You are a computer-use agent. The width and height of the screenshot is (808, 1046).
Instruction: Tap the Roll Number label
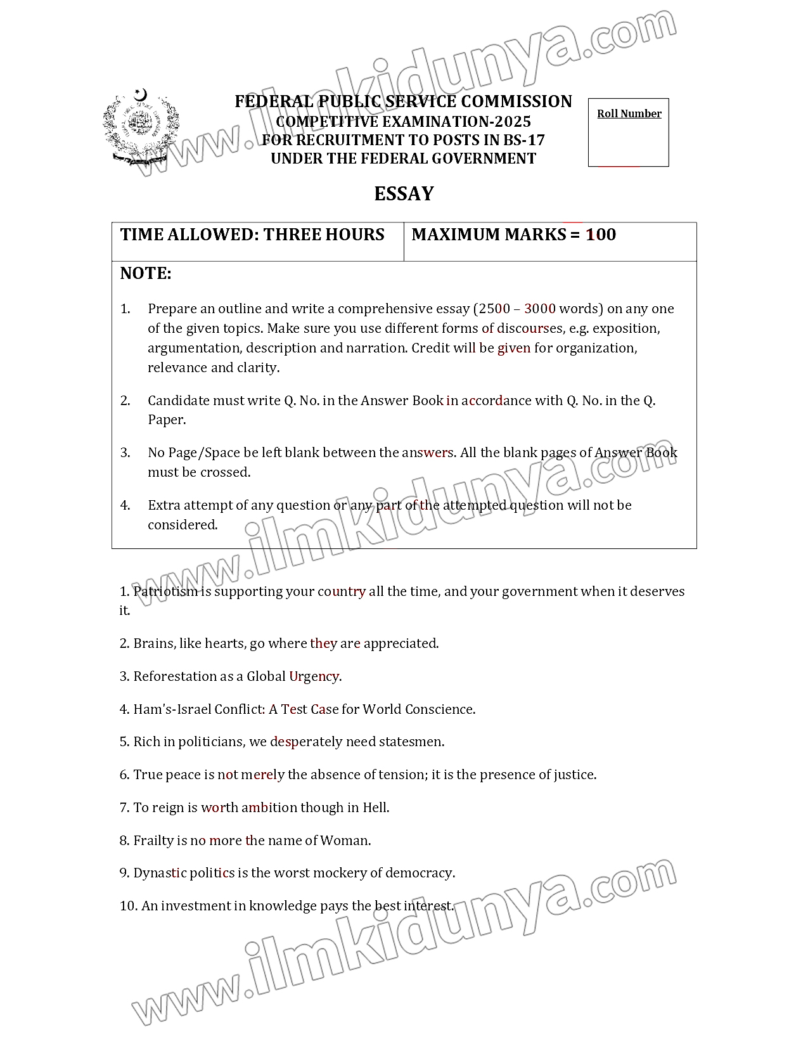pos(629,114)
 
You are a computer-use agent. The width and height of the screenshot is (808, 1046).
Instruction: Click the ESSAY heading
pos(404,194)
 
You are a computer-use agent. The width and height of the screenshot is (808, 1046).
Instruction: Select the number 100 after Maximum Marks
pos(601,235)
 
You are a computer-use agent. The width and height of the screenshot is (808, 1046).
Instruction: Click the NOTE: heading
pos(146,274)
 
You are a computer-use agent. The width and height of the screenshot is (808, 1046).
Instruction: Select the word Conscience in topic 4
pos(439,709)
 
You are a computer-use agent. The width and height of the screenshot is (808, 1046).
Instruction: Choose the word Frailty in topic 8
pos(153,841)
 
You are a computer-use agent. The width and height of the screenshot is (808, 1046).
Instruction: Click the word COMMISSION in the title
pos(516,102)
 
